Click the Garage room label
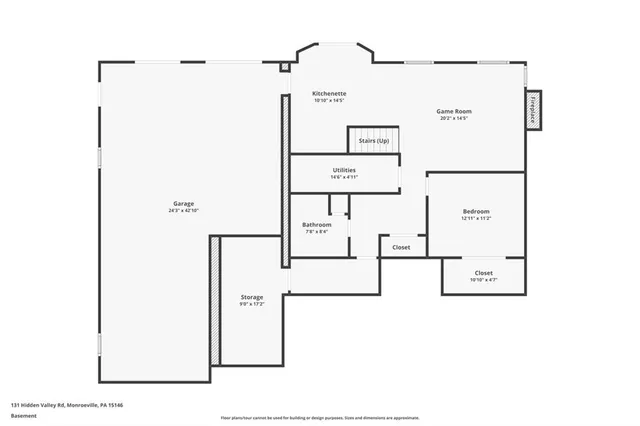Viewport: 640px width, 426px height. [x=183, y=204]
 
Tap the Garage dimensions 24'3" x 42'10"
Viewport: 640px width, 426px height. [x=183, y=211]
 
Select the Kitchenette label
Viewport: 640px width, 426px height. [x=329, y=93]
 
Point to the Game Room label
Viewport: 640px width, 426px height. [x=453, y=111]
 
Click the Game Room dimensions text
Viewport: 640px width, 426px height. [x=453, y=118]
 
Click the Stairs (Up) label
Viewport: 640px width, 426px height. [x=374, y=141]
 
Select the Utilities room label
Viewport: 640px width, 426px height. [x=343, y=170]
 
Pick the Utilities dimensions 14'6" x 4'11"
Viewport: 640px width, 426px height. [x=343, y=177]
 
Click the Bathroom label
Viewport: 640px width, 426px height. [x=317, y=225]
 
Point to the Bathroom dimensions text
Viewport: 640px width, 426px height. [x=317, y=232]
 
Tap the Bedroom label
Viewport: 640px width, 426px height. [x=476, y=211]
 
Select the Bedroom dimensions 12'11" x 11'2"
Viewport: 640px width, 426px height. [x=476, y=218]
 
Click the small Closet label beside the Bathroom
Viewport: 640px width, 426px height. [x=401, y=247]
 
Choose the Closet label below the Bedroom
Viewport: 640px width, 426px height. [x=483, y=272]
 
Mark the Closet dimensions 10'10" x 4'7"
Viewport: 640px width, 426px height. [x=483, y=279]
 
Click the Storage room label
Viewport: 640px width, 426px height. [x=252, y=297]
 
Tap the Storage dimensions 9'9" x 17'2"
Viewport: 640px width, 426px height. [x=252, y=304]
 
